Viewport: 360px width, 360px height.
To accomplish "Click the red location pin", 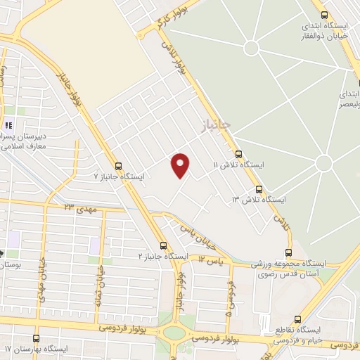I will pos(181,165).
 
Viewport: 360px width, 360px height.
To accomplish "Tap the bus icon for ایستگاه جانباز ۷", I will pos(117,167).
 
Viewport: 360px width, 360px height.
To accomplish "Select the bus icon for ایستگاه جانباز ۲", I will pos(164,245).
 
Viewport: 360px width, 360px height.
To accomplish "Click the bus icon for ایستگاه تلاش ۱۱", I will pos(238,153).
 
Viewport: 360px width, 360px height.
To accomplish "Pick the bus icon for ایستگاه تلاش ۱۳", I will pos(259,189).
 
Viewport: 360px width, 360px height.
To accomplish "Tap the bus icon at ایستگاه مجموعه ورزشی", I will pos(289,252).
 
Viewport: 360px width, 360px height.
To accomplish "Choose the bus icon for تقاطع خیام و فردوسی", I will pos(298,318).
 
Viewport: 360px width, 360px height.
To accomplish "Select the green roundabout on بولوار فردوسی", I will pos(171,332).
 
